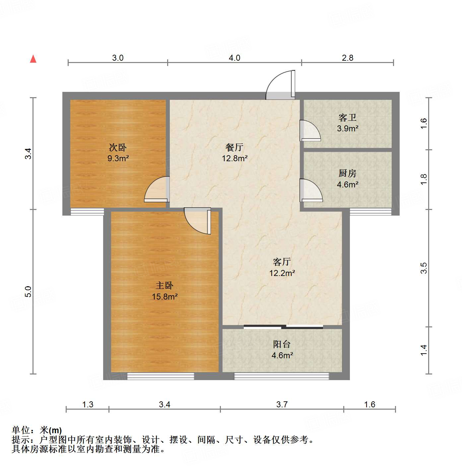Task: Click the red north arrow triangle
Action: pos(33,59)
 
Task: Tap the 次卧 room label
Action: pos(118,147)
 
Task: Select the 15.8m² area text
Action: pos(165,297)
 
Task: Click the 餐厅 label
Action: pos(234,147)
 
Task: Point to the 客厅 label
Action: pos(282,262)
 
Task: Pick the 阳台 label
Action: pos(282,344)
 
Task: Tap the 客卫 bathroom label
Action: pos(347,117)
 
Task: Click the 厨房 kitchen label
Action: pos(347,173)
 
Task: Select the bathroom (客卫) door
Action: pos(310,131)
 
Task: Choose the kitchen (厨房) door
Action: pos(311,190)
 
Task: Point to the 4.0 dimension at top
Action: pos(234,58)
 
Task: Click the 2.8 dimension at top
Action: pos(348,58)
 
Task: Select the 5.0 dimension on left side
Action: pos(28,291)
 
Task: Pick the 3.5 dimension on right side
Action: pos(424,268)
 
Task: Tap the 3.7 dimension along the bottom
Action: pos(282,404)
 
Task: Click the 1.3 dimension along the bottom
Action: pos(88,404)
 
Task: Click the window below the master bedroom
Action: pos(161,376)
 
